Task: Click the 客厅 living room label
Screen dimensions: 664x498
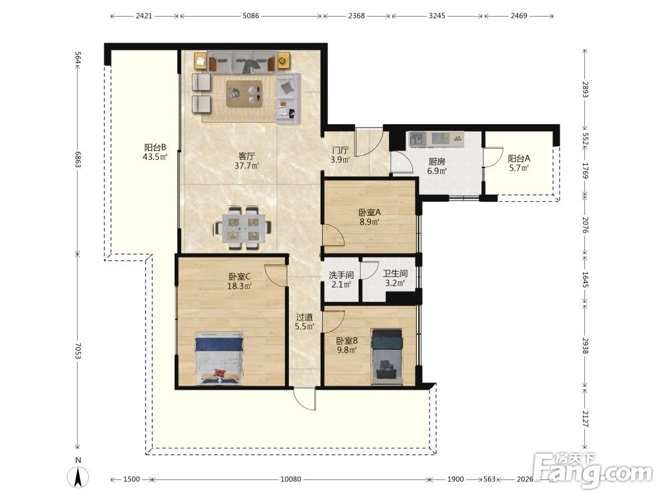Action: click(x=246, y=156)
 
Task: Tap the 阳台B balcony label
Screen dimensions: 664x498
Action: click(x=155, y=147)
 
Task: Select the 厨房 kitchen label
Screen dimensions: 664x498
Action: click(x=437, y=161)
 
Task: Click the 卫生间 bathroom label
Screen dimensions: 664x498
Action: click(x=395, y=274)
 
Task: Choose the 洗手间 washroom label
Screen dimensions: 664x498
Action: click(x=341, y=275)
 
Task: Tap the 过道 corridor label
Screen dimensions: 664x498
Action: click(x=305, y=317)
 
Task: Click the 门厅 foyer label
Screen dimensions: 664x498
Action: click(x=341, y=150)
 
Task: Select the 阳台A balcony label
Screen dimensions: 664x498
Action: click(x=519, y=159)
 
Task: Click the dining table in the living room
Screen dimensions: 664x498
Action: click(x=242, y=228)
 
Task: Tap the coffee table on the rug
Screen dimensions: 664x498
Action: click(x=244, y=94)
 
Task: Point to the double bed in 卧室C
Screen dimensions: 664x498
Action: click(x=219, y=359)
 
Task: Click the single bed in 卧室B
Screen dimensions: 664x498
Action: click(x=386, y=357)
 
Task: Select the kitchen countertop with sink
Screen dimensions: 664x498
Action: click(x=436, y=139)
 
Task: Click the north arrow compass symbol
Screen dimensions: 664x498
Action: click(x=78, y=478)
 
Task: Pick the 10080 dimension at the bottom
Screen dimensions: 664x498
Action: click(x=291, y=479)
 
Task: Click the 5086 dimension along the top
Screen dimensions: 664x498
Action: click(x=251, y=16)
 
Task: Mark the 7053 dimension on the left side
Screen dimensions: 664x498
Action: click(x=78, y=351)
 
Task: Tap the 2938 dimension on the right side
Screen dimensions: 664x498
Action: click(x=585, y=345)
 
